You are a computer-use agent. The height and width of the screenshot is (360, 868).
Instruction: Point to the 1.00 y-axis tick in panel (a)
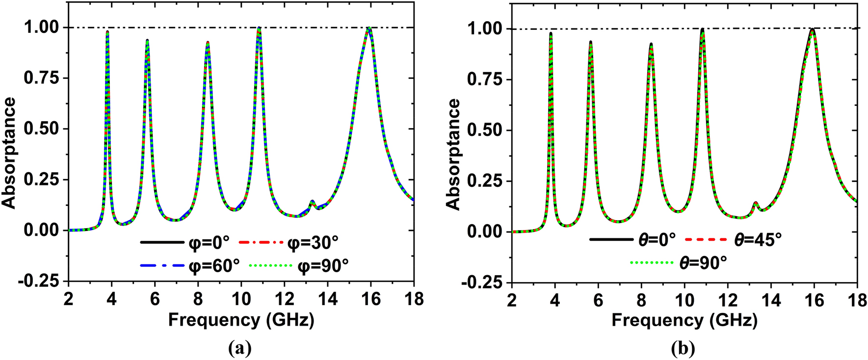tap(42, 27)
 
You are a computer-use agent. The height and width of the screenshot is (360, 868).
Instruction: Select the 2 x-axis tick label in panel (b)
tap(512, 300)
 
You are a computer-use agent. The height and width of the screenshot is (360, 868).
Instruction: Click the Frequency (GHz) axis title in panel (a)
tap(241, 320)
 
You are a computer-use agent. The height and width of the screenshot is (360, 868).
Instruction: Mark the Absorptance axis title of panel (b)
tap(454, 154)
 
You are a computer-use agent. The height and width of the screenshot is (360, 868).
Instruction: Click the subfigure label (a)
tap(240, 348)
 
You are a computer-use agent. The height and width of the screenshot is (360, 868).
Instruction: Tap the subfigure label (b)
tap(683, 348)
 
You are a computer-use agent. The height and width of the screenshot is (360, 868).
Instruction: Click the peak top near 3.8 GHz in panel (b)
tap(551, 33)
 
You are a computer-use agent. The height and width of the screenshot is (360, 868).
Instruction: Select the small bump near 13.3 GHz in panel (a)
tap(312, 201)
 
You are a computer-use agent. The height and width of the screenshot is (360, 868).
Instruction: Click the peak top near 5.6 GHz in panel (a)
tap(147, 41)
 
